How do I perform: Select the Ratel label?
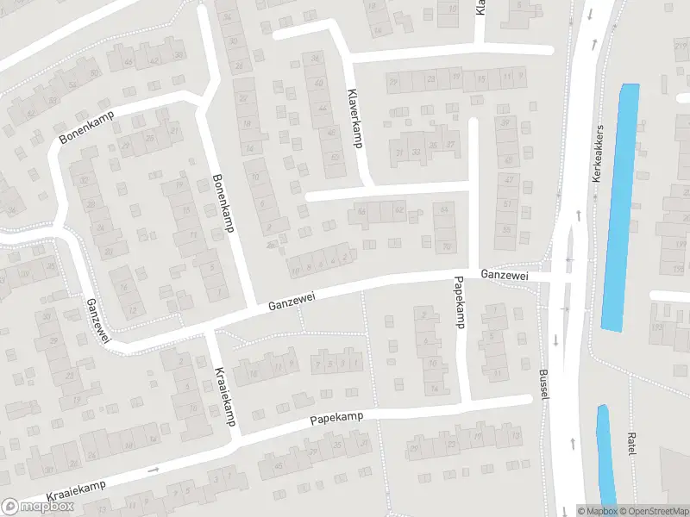(x=631, y=445)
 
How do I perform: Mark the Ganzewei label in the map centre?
(x=292, y=302)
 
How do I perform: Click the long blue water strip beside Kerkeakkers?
(x=620, y=207)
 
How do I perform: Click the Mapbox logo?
(x=38, y=507)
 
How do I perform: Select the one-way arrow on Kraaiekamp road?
(x=154, y=470)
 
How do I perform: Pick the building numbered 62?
(x=398, y=209)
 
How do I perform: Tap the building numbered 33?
(x=416, y=153)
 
